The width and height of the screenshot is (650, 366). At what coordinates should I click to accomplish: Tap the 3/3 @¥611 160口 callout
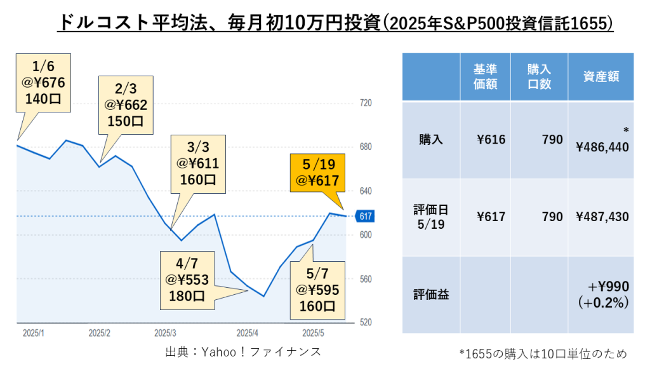[x=197, y=163]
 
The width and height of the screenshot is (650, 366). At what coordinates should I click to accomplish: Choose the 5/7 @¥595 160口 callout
[x=315, y=290]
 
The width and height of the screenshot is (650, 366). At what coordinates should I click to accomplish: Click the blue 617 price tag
[x=366, y=216]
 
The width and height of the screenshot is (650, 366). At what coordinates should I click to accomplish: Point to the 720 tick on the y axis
[x=365, y=103]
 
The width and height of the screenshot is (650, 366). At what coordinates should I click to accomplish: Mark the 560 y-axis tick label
[x=365, y=279]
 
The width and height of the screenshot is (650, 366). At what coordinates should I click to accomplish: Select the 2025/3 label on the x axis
[x=165, y=332]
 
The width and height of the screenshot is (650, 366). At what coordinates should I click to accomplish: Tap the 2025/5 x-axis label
[x=313, y=332]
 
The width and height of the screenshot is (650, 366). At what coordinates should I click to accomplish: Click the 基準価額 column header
[x=485, y=76]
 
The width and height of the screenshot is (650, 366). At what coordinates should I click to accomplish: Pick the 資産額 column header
[x=600, y=76]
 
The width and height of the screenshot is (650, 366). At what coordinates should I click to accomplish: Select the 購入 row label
[x=431, y=140]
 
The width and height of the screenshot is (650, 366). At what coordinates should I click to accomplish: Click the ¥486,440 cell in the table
[x=602, y=147]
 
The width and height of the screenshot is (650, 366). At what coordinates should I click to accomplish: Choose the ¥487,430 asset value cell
[x=602, y=217]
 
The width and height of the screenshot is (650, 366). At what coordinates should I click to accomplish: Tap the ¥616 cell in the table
[x=491, y=140]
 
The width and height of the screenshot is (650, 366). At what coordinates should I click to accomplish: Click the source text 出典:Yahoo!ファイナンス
[x=243, y=351]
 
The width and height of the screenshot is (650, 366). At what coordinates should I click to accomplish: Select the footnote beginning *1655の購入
[x=543, y=353]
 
